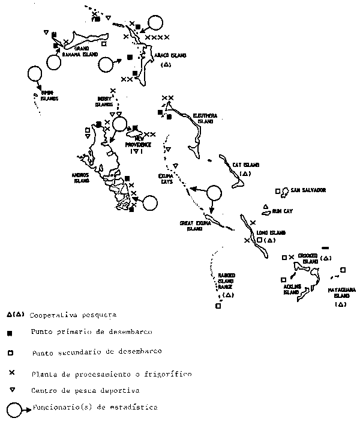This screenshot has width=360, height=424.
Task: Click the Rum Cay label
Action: (x=281, y=211)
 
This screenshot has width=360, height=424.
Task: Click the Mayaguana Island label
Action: (x=340, y=292)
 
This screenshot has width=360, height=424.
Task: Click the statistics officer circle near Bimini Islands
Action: (x=34, y=74)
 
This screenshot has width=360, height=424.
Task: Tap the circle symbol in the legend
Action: (x=14, y=409)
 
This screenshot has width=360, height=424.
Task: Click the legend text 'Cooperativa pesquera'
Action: (x=73, y=314)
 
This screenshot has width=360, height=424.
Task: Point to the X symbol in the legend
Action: (x=11, y=372)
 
